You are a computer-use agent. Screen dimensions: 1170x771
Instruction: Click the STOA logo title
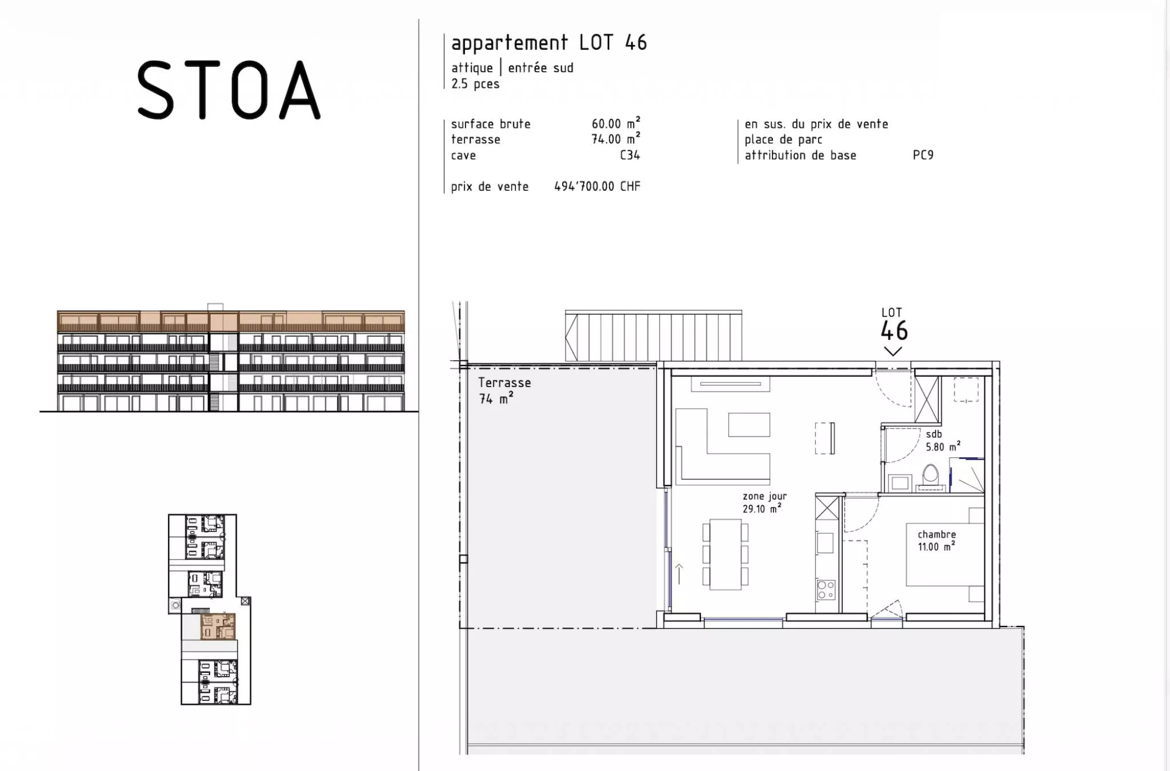(x=229, y=90)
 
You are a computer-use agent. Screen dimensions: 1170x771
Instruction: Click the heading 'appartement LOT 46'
(x=549, y=43)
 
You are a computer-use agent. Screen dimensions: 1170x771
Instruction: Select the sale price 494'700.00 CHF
(x=597, y=186)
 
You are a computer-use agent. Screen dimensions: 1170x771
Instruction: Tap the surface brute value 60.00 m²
(x=616, y=123)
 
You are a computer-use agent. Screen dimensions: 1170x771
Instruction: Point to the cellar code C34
(x=630, y=155)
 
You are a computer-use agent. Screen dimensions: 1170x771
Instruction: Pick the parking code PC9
(x=923, y=155)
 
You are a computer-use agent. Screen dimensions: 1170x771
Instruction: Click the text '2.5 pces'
(x=475, y=84)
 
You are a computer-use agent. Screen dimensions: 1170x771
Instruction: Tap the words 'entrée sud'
(x=540, y=68)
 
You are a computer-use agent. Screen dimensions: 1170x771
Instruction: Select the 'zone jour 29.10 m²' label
(x=764, y=503)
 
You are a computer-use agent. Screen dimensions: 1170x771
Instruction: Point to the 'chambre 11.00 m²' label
(x=937, y=540)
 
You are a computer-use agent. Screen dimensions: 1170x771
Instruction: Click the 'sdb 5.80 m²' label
(x=943, y=440)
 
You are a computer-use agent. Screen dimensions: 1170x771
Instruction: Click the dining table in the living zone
(x=725, y=554)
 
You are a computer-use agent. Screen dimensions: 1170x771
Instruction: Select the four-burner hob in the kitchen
(x=826, y=589)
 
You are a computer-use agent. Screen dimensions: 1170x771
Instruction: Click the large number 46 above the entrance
(x=893, y=331)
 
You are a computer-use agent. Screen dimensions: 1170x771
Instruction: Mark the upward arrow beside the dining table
(x=679, y=574)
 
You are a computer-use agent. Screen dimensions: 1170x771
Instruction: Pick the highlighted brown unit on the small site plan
(x=218, y=627)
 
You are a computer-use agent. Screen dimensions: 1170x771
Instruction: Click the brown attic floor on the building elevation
(x=231, y=322)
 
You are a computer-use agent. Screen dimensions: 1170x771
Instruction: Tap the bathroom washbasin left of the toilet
(x=899, y=483)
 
